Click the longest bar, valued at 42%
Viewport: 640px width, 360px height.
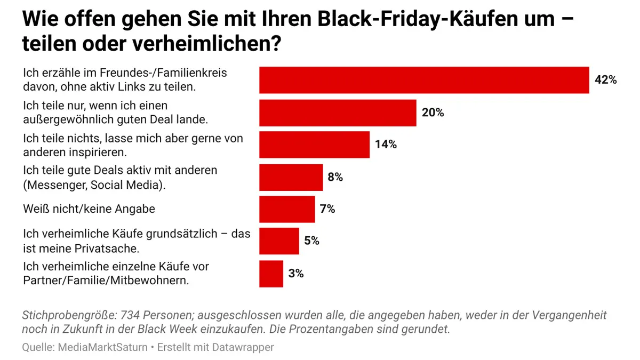click(424, 80)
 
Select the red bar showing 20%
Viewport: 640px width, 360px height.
click(338, 113)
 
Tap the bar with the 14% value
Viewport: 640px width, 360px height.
click(314, 145)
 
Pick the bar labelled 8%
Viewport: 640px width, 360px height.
click(291, 177)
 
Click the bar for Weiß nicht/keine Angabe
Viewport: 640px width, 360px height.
click(287, 209)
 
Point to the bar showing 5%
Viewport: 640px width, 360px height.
click(279, 241)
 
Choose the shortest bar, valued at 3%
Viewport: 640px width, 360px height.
click(271, 274)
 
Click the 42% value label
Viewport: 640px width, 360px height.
click(605, 80)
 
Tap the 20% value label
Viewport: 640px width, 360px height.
click(433, 113)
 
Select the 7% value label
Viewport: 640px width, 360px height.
click(327, 209)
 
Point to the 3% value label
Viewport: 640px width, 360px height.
click(295, 274)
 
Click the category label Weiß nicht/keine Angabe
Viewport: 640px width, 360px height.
click(89, 209)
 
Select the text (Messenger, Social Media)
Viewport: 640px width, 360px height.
click(94, 185)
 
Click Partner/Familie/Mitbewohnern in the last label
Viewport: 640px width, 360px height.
click(106, 281)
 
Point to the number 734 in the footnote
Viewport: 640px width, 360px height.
click(131, 315)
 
